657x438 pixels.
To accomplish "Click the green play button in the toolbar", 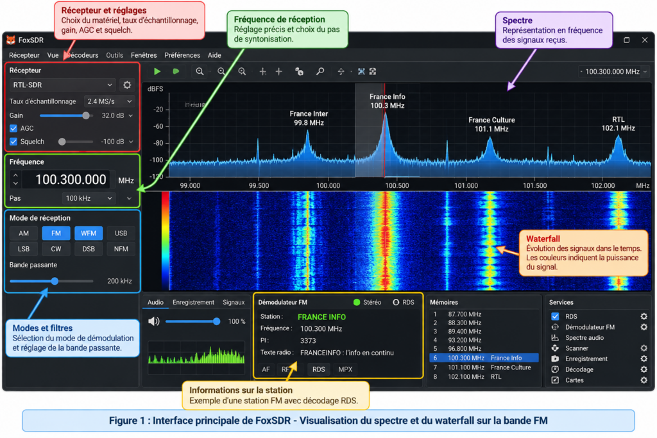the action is pos(157,72).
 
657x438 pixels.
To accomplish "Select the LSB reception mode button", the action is pos(24,249).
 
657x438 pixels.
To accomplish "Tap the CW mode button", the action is pos(56,249).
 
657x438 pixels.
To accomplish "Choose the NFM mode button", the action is pos(121,249).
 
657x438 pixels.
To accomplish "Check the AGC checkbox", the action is pos(13,128).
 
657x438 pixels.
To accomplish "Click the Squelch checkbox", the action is pos(13,142).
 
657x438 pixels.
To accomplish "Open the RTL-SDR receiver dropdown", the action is pos(62,85).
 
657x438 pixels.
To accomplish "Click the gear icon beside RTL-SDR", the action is pos(127,85).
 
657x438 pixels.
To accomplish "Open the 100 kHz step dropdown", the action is pos(89,198).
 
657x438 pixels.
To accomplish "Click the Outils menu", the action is pos(114,55).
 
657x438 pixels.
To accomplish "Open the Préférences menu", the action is pos(182,55).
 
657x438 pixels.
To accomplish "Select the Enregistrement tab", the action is pos(193,302).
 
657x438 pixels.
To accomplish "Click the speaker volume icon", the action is pos(154,321).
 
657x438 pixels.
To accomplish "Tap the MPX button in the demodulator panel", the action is pos(345,369).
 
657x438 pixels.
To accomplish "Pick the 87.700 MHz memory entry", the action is pos(465,314).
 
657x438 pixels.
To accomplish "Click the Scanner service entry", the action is pos(577,348).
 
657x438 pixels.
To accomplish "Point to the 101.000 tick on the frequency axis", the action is pos(466,185).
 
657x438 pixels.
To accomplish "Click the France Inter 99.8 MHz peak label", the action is pos(309,118).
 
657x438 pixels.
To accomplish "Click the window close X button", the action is pos(644,40).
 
